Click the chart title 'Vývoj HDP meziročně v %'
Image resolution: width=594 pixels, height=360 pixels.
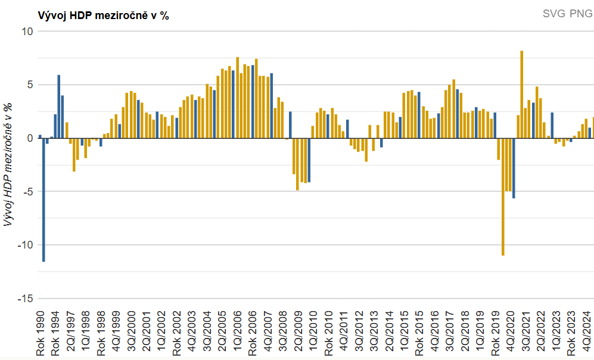103,16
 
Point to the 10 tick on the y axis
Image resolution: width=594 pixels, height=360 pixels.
26,31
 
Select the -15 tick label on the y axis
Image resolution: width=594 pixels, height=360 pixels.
23,299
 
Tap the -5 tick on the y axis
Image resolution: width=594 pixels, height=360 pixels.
26,192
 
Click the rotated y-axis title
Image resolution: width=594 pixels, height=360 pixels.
8,165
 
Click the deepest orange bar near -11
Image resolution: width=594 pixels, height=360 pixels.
503,197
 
